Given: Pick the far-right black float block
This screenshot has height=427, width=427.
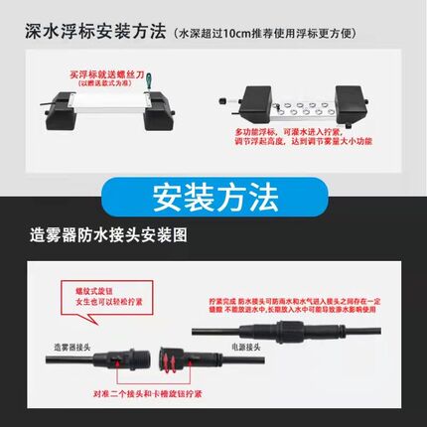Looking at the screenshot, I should pos(356,103).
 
